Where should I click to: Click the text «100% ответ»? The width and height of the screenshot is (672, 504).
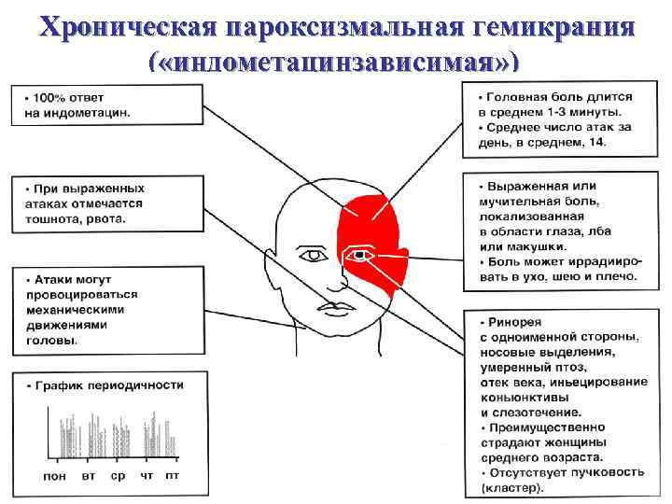pyautogui.click(x=71, y=98)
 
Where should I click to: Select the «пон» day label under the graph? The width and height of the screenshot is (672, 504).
pyautogui.click(x=55, y=476)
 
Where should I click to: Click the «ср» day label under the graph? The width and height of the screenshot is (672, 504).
pyautogui.click(x=118, y=476)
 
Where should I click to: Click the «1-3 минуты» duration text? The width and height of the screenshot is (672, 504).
pyautogui.click(x=569, y=112)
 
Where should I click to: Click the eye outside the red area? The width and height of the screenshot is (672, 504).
pyautogui.click(x=310, y=253)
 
